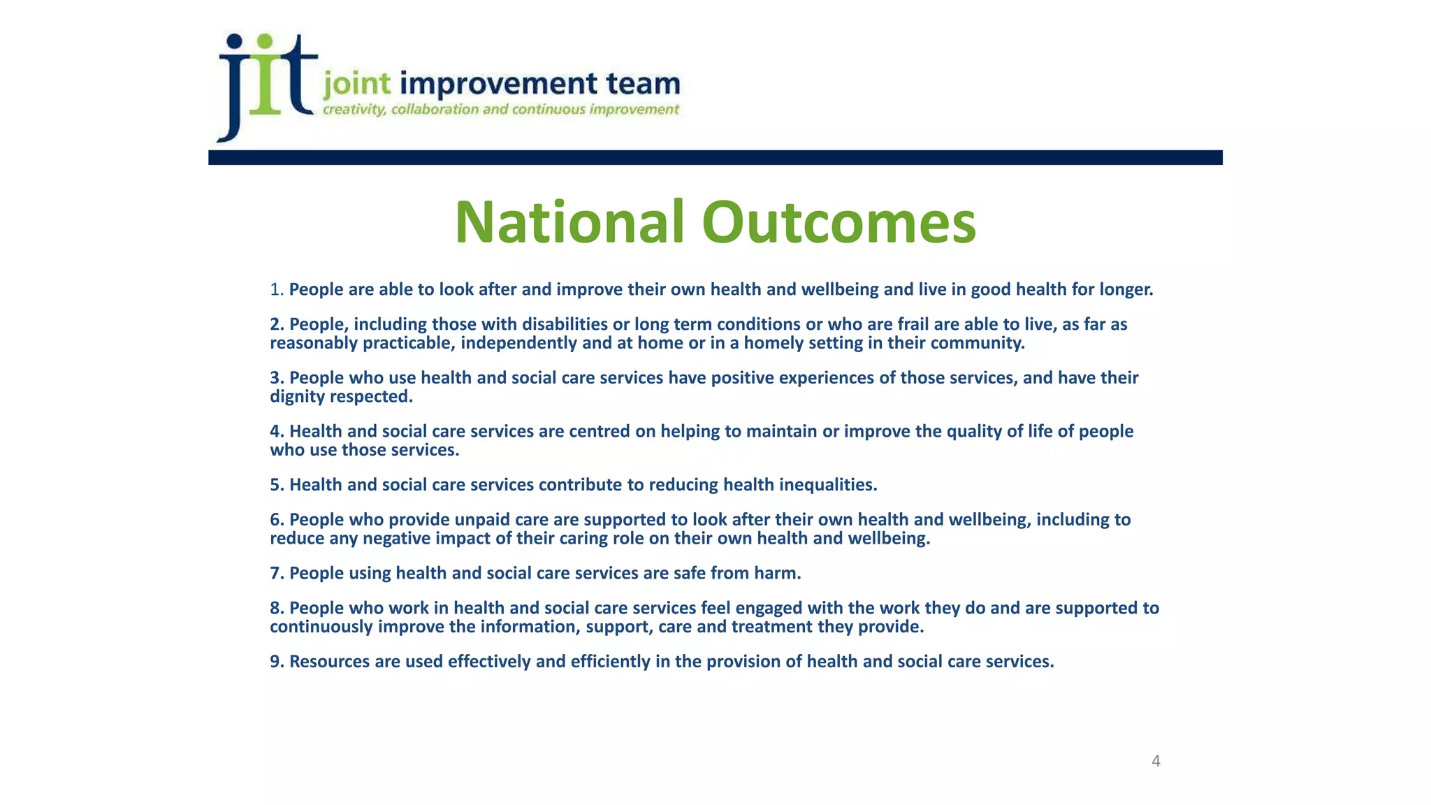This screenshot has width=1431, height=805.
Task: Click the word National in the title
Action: click(x=569, y=222)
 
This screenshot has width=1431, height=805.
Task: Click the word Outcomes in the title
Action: click(x=838, y=222)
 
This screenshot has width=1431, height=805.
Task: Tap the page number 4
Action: click(x=1156, y=761)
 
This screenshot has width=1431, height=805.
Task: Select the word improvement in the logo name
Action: click(x=499, y=84)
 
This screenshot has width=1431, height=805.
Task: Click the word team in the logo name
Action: click(x=643, y=84)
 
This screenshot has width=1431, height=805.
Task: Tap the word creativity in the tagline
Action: click(x=354, y=110)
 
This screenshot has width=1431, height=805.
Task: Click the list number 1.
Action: click(x=275, y=289)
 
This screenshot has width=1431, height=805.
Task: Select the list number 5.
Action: click(x=275, y=485)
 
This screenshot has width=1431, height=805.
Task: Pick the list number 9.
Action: click(x=275, y=662)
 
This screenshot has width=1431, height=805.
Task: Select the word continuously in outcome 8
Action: click(x=321, y=627)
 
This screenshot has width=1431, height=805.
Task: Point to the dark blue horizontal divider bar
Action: click(x=715, y=157)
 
